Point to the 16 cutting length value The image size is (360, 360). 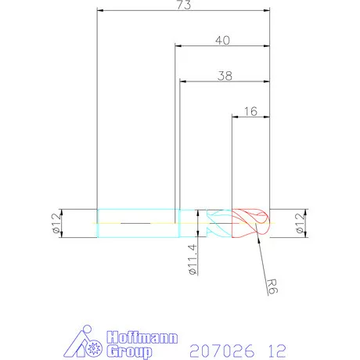pos(250,112)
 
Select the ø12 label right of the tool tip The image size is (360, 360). pos(299,224)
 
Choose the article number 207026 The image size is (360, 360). pos(222,347)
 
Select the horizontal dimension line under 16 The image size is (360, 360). pos(250,117)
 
